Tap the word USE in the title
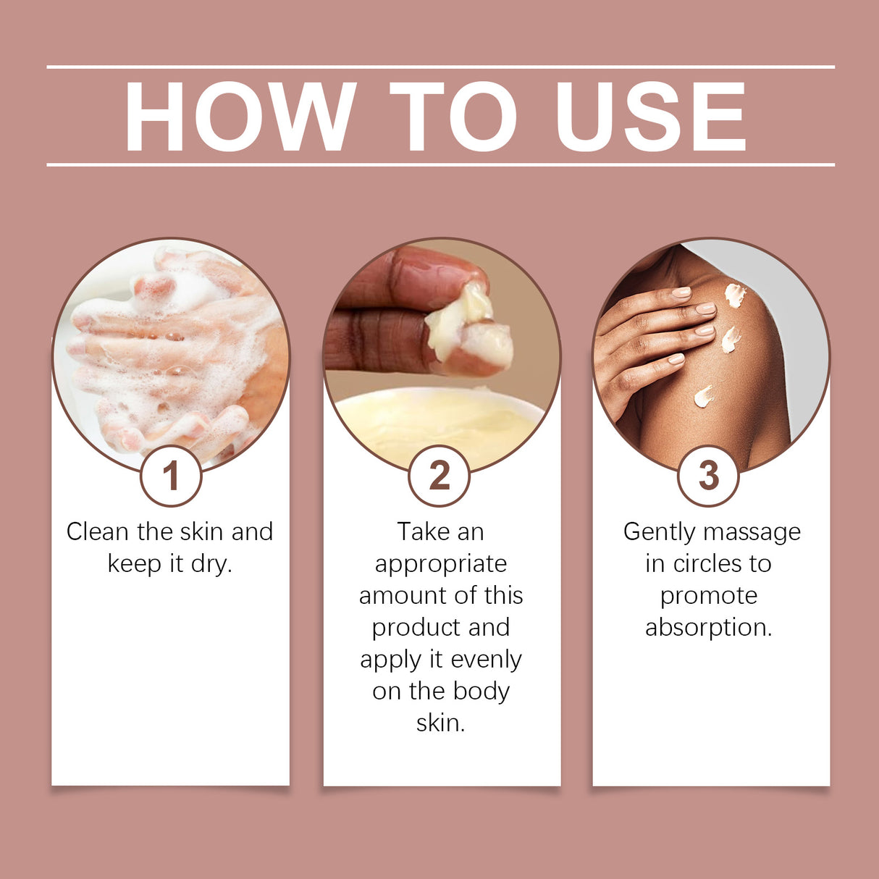[650, 117]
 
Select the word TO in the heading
[453, 117]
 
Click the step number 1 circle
[171, 476]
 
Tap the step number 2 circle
[440, 476]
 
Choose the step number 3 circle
[708, 476]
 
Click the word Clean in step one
[97, 531]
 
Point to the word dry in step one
[211, 563]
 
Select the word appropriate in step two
[440, 564]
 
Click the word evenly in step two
[486, 660]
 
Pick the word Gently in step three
[659, 533]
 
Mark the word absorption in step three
[708, 627]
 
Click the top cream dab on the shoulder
[735, 295]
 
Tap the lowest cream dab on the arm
[703, 395]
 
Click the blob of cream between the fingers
[471, 333]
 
